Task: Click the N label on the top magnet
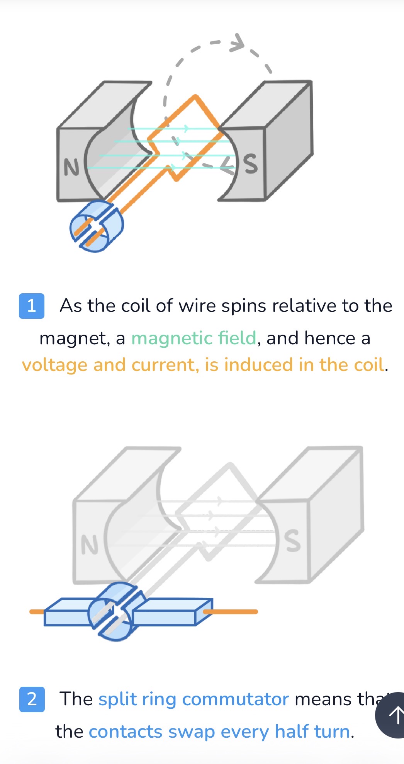coord(71,167)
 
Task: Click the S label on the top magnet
coord(251,164)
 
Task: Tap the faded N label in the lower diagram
coord(90,545)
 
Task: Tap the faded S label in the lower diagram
coord(292,540)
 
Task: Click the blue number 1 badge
coord(32,306)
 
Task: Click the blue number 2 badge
coord(32,699)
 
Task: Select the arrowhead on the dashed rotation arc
coord(237,43)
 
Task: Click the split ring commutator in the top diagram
coord(97,226)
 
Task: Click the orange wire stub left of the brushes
coord(37,612)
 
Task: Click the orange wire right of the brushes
coord(230,612)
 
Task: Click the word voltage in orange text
coord(54,365)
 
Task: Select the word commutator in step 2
coord(235,699)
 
